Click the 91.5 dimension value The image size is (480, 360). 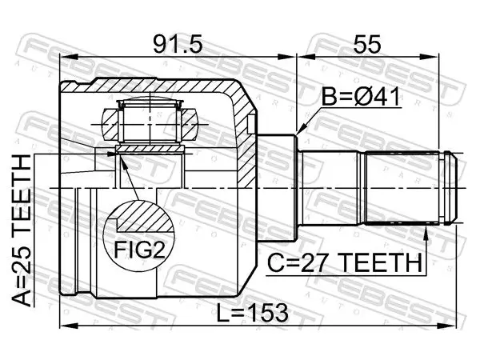(x=178, y=45)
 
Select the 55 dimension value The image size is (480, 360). (x=367, y=45)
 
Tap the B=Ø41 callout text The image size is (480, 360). (x=361, y=97)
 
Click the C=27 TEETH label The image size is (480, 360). (x=344, y=262)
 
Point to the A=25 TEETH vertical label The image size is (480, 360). (x=22, y=231)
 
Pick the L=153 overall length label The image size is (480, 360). (x=252, y=313)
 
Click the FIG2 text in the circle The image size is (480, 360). (x=139, y=249)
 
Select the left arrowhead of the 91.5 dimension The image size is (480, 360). (x=68, y=57)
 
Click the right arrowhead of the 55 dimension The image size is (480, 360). (x=430, y=57)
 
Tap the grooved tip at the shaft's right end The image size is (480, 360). (x=449, y=188)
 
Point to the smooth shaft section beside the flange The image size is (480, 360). (x=330, y=188)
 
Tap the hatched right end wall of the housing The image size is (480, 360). (x=245, y=134)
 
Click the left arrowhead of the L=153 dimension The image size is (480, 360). (x=68, y=326)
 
